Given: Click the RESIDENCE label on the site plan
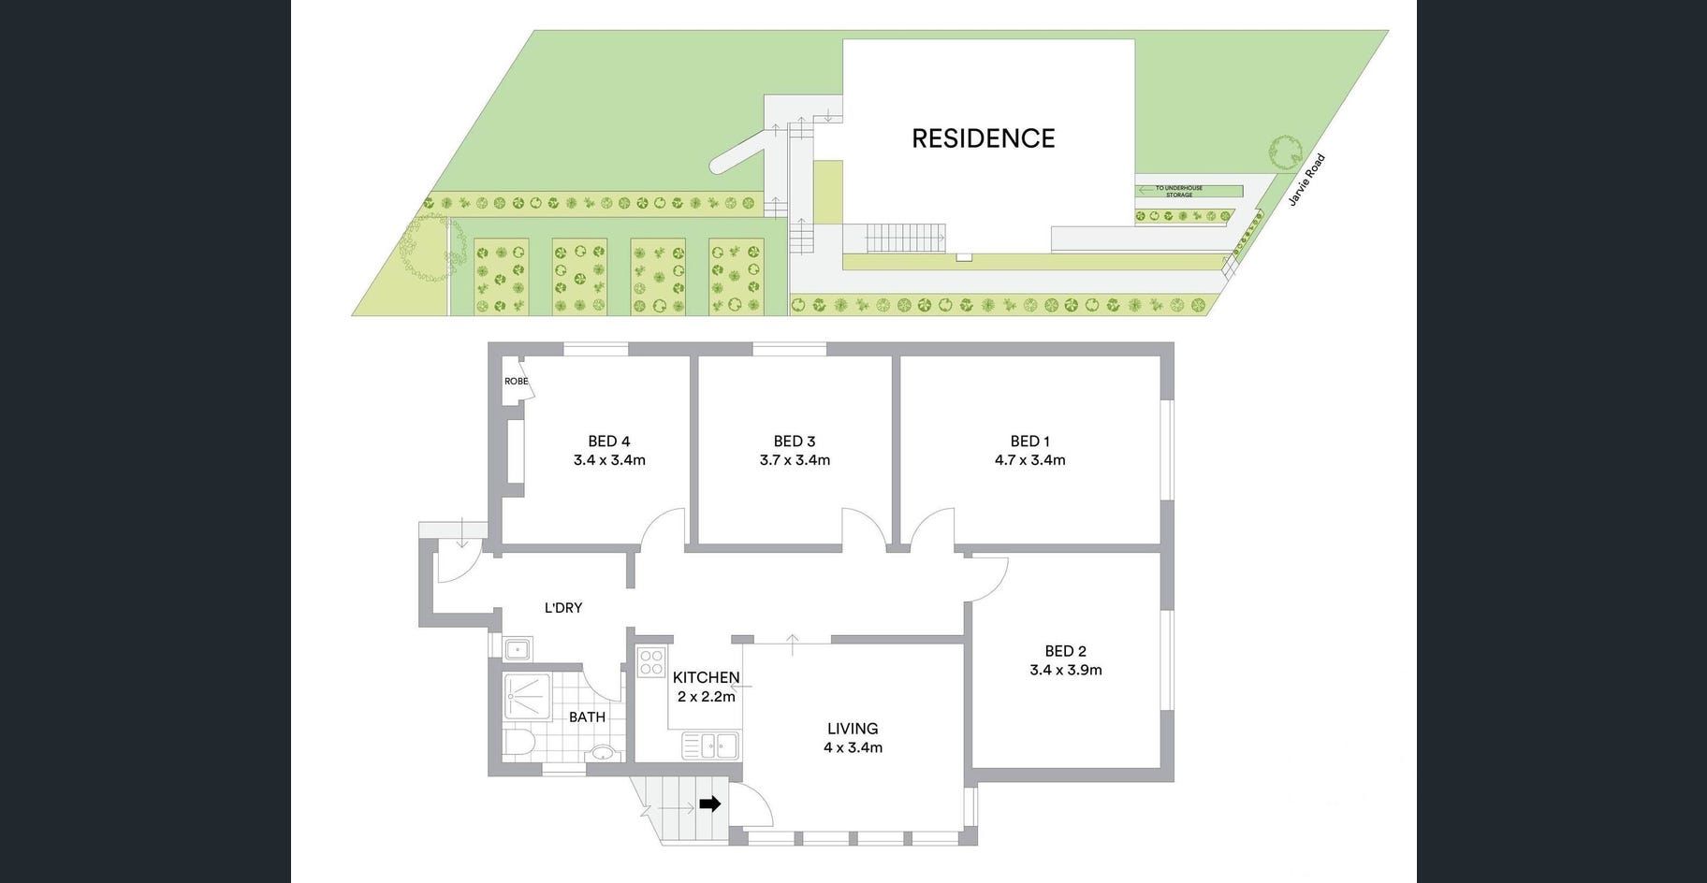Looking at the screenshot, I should (x=983, y=138).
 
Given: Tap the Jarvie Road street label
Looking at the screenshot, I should (x=1306, y=180).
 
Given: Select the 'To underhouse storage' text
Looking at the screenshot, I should (x=1179, y=192).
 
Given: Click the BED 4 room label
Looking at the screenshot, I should (x=608, y=441).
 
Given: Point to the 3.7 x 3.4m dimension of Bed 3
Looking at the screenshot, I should (x=795, y=460).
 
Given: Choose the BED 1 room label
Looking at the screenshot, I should (x=1029, y=441).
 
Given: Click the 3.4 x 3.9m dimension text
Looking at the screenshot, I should (x=1065, y=670).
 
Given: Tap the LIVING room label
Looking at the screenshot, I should (x=853, y=729).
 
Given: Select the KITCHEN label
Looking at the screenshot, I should (x=706, y=678).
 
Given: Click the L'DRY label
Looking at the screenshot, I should (x=563, y=608).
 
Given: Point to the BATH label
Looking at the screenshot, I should (x=587, y=717).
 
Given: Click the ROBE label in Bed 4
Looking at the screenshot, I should (x=516, y=382).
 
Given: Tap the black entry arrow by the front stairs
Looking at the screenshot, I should (x=710, y=803).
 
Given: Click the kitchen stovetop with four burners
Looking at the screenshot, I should (x=650, y=663).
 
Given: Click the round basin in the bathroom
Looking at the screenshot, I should (x=603, y=753).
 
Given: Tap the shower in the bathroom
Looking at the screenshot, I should (x=526, y=697).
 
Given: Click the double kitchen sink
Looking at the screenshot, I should (x=710, y=745).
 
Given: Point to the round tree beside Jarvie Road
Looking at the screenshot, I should (x=1286, y=152).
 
